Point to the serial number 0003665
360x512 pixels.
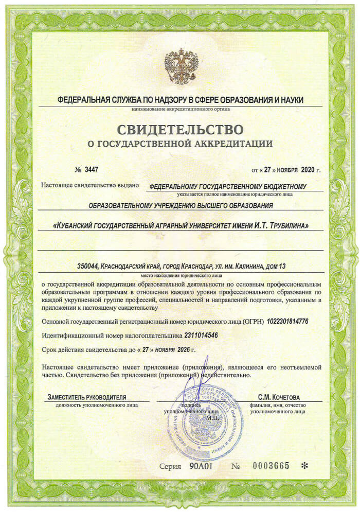271,466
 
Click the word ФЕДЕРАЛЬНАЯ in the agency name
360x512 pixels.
82,99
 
